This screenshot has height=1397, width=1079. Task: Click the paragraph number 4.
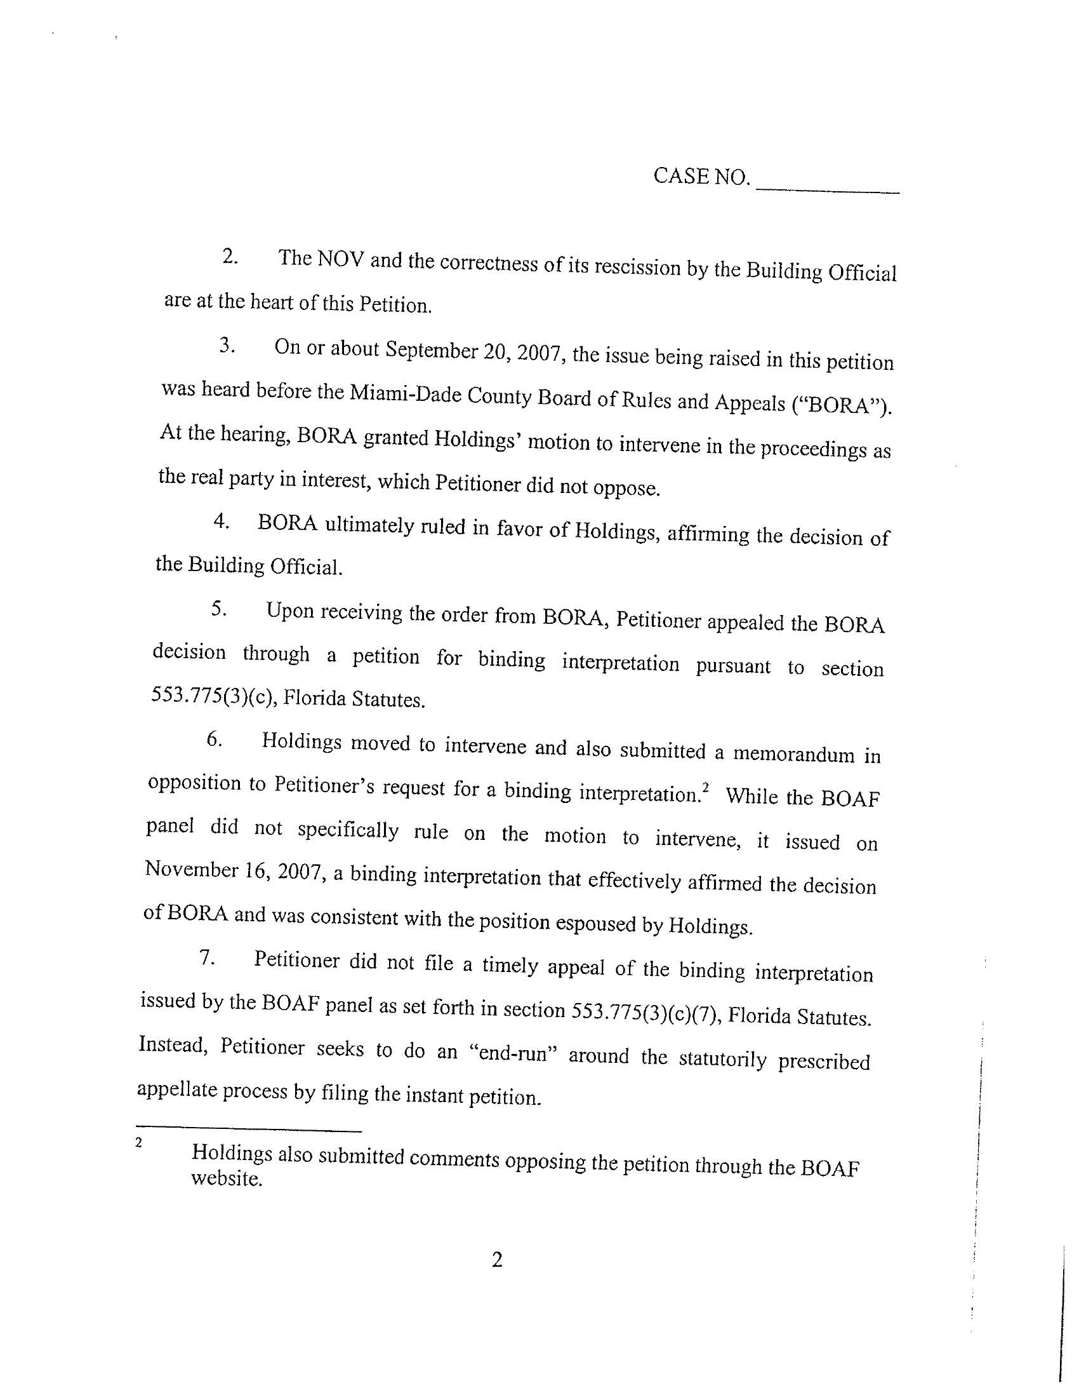(222, 522)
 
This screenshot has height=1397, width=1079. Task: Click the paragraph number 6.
(214, 739)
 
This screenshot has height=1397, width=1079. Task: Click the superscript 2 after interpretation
(706, 787)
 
